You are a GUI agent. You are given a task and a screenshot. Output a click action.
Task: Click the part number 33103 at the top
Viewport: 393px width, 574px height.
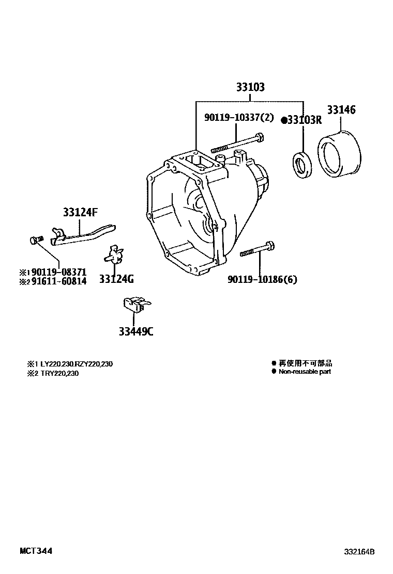coord(250,87)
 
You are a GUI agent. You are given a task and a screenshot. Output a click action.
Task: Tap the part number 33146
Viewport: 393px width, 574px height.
coord(341,110)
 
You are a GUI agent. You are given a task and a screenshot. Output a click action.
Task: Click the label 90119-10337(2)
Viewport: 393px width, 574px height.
coord(238,118)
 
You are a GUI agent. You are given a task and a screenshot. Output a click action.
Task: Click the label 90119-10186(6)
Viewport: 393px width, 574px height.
coord(262,279)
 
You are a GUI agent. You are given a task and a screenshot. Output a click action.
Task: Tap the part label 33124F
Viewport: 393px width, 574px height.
coord(80,212)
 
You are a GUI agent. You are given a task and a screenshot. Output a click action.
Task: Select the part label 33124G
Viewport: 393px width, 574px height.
coord(116,279)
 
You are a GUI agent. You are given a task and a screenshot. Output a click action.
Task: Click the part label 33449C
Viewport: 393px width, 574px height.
coord(136,331)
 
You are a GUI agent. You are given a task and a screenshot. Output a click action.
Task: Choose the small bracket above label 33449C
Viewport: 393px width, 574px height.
coord(134,305)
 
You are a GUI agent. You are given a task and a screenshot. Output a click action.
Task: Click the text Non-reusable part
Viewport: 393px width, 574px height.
coord(305,372)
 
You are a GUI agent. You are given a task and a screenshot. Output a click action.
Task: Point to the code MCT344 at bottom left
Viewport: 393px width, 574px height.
coord(36,551)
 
